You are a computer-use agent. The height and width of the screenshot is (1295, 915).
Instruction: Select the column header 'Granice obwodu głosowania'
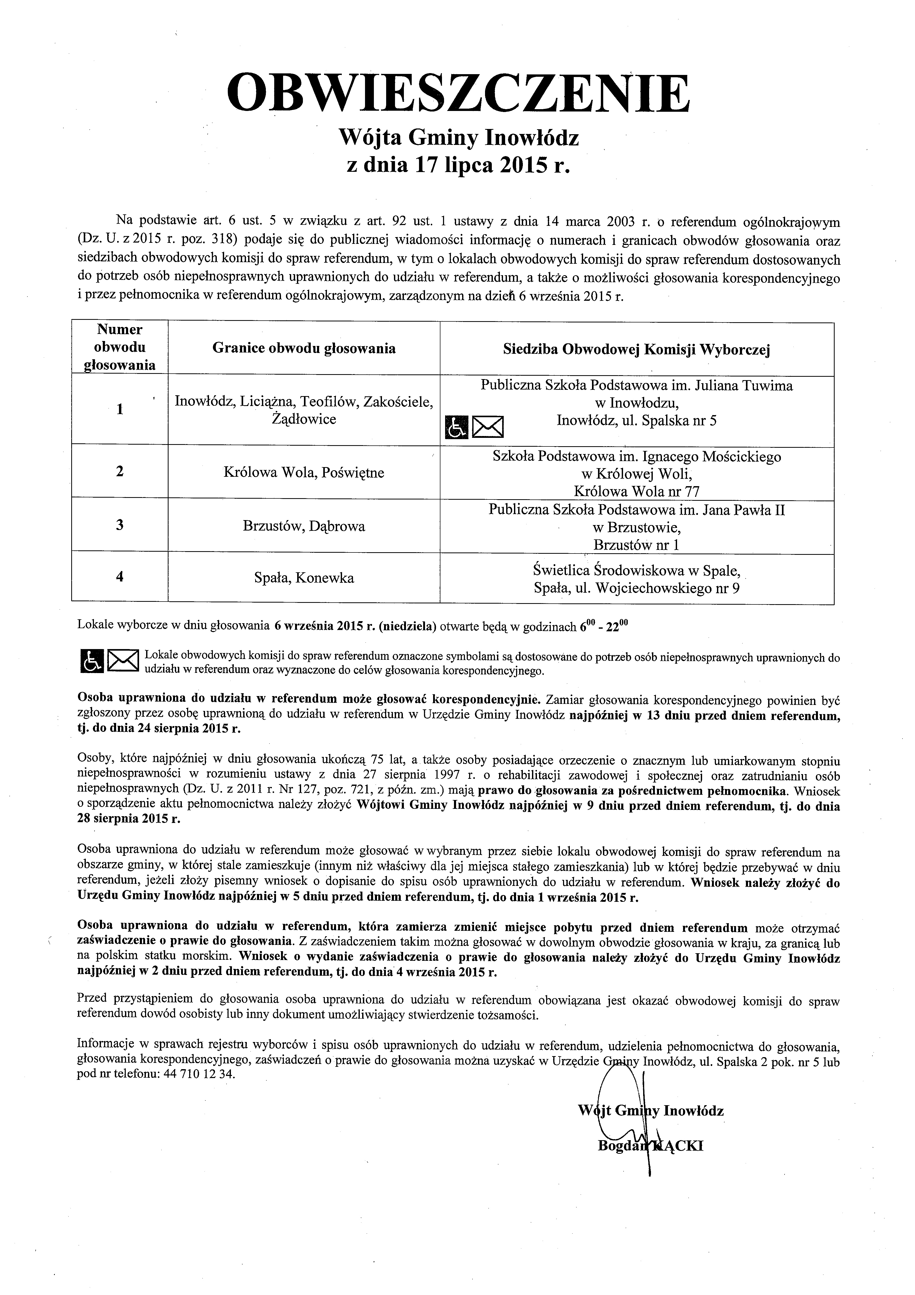[x=304, y=349]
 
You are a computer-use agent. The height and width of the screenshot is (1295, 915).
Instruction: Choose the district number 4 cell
[x=119, y=576]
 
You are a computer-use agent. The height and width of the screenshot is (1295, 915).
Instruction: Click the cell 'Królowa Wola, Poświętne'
[x=304, y=473]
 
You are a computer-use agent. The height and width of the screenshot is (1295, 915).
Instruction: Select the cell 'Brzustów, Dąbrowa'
[x=304, y=526]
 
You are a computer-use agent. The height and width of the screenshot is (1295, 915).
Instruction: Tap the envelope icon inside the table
[x=488, y=427]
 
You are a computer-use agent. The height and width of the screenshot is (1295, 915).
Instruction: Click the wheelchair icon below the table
[x=91, y=661]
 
